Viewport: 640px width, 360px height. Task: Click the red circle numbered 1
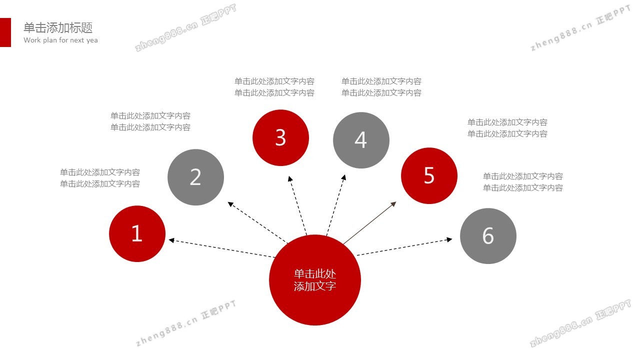(x=137, y=233)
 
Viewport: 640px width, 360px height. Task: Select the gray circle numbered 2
(x=195, y=177)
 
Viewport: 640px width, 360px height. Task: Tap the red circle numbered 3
(x=280, y=137)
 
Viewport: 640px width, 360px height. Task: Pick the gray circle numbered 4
(x=361, y=140)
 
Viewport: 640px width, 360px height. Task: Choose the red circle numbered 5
(x=429, y=175)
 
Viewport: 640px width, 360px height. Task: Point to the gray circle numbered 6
(x=488, y=236)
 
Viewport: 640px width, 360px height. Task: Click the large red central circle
(x=315, y=280)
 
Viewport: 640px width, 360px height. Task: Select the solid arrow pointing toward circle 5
(x=369, y=223)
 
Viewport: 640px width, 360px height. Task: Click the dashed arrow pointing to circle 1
(x=221, y=248)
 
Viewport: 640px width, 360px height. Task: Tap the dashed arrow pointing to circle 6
(x=404, y=246)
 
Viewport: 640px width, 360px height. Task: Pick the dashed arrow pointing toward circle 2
(x=257, y=222)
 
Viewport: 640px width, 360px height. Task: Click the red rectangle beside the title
(x=5, y=32)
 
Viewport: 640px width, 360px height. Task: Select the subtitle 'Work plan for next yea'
(x=60, y=40)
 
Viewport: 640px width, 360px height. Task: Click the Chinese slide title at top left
(x=58, y=27)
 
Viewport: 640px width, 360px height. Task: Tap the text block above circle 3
(x=274, y=87)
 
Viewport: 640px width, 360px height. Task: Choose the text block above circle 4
(x=381, y=87)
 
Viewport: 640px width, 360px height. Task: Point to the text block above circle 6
(x=523, y=182)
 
